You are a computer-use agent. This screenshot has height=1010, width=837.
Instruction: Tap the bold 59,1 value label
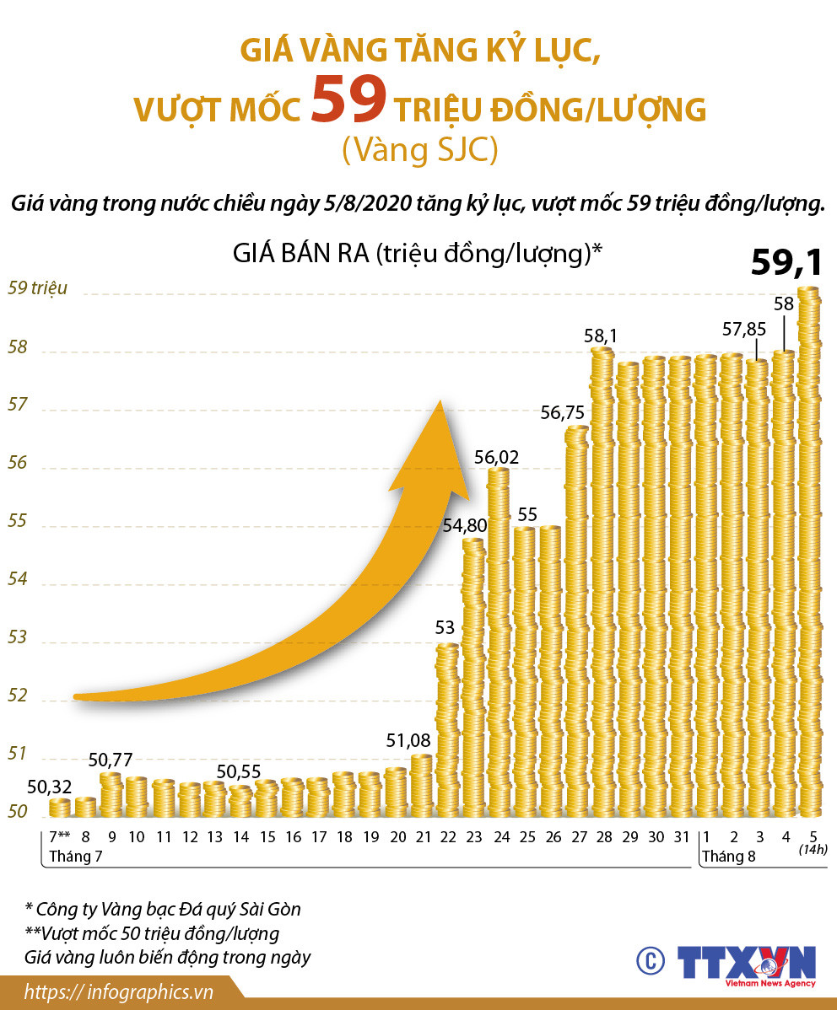(x=786, y=263)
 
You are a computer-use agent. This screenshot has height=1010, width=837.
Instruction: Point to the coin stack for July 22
(x=447, y=729)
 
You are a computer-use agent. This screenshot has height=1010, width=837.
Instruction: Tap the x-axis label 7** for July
(x=58, y=838)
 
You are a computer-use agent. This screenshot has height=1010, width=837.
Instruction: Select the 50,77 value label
(x=111, y=759)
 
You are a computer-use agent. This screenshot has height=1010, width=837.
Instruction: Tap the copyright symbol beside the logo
(x=649, y=961)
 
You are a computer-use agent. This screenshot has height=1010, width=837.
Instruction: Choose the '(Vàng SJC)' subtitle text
(x=419, y=150)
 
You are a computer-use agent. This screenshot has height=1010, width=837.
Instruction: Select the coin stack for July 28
(x=602, y=582)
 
